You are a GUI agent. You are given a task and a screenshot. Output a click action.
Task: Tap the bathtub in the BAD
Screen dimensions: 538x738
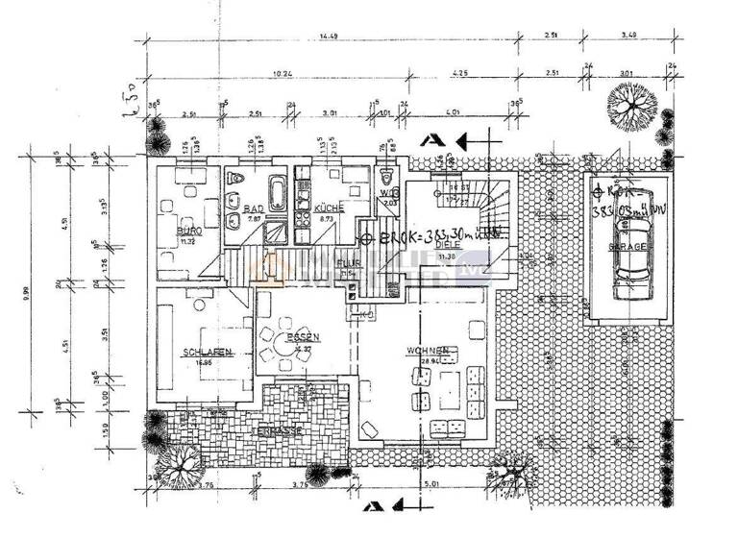(277, 191)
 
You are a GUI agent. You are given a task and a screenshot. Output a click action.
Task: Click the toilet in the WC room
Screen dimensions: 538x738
(387, 178)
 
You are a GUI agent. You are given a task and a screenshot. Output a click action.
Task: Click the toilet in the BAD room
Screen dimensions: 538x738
(235, 179)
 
